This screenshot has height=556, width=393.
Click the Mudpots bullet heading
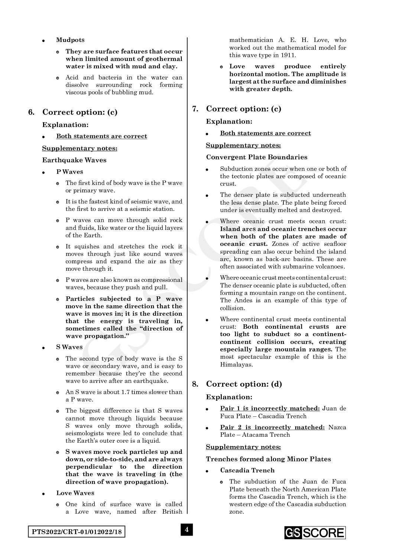70,40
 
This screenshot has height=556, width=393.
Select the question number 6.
32,112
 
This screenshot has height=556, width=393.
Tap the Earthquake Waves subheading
74,160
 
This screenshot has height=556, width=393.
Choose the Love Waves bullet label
75,493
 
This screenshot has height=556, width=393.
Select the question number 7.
195,109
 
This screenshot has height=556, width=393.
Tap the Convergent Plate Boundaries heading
257,157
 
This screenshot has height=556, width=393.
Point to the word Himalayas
236,364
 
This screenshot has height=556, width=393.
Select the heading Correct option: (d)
244,384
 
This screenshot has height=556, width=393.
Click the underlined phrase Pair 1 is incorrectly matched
270,409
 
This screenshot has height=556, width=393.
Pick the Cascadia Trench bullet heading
247,470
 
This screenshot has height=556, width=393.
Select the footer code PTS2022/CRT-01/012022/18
76,532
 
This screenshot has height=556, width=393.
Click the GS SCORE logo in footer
315,533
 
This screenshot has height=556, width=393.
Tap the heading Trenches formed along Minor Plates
268,459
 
